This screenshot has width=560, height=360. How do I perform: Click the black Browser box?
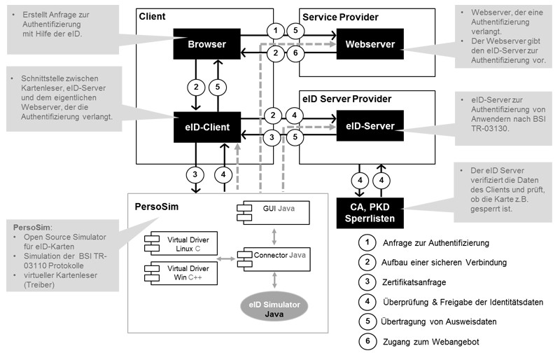[206, 44]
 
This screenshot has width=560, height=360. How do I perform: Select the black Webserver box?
[370, 44]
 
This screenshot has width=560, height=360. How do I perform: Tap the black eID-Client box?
[207, 127]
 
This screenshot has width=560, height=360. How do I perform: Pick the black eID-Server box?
[370, 125]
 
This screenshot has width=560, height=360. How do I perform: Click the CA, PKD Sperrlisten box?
[370, 213]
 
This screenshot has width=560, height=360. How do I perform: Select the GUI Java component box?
[273, 213]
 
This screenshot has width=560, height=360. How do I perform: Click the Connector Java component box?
[274, 259]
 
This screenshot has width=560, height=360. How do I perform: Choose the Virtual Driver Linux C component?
[181, 244]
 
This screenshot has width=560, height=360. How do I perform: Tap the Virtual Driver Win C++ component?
[181, 272]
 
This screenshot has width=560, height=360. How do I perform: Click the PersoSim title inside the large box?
[156, 207]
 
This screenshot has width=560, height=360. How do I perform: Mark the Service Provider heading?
[340, 18]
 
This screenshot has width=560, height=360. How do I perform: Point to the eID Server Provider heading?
[346, 99]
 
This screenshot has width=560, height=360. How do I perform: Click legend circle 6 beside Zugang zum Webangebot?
[367, 341]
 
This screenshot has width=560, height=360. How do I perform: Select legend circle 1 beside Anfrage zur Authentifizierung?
[367, 243]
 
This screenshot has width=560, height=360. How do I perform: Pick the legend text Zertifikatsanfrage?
[414, 282]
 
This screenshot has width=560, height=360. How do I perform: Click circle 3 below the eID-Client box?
[195, 174]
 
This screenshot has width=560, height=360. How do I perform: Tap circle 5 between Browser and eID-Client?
[218, 87]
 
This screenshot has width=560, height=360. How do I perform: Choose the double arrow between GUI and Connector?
[274, 236]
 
